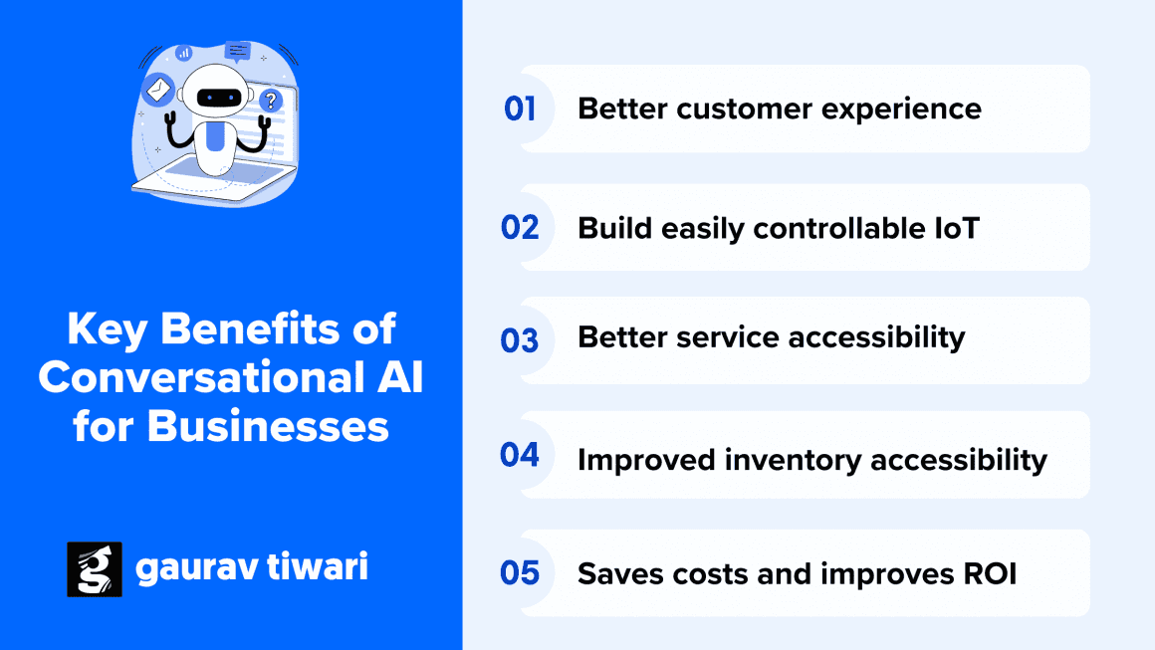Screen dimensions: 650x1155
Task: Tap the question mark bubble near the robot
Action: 270,99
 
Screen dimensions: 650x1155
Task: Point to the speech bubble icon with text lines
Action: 238,50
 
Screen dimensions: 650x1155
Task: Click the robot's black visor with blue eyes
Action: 218,98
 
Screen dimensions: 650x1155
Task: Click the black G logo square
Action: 94,569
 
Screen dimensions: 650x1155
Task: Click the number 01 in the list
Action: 520,108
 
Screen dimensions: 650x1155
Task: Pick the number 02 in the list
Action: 520,228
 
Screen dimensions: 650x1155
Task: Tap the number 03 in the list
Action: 520,341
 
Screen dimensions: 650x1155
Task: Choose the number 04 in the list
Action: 520,455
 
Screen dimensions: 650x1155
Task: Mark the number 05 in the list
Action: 520,573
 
